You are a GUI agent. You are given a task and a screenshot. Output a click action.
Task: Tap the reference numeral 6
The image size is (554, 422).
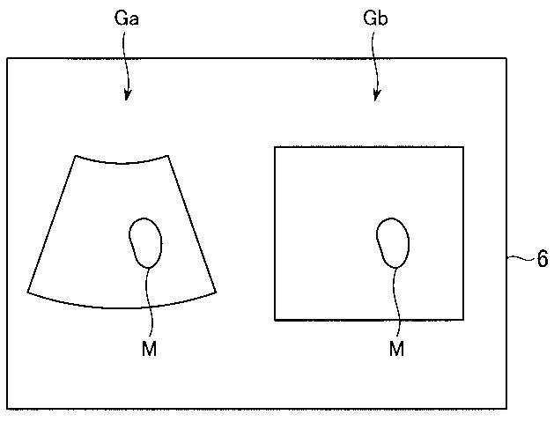[542, 260]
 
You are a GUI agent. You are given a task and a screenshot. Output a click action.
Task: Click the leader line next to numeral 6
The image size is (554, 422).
[519, 258]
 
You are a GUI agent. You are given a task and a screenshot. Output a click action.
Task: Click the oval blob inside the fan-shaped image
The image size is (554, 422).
[145, 241]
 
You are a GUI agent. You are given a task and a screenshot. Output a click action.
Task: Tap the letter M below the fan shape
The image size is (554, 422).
[149, 350]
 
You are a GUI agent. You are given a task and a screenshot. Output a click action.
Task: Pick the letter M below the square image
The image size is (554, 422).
[396, 350]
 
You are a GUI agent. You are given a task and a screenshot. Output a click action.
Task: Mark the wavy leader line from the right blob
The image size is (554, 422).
[397, 300]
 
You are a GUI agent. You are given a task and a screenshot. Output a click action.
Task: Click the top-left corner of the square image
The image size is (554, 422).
[275, 147]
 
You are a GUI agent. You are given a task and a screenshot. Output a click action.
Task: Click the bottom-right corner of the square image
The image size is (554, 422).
[463, 320]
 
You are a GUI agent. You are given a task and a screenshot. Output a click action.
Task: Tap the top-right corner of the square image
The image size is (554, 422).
[463, 147]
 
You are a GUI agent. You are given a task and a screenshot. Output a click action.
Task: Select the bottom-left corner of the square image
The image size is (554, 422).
[275, 320]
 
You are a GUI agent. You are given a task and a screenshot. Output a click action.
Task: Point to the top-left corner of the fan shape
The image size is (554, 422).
[74, 156]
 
